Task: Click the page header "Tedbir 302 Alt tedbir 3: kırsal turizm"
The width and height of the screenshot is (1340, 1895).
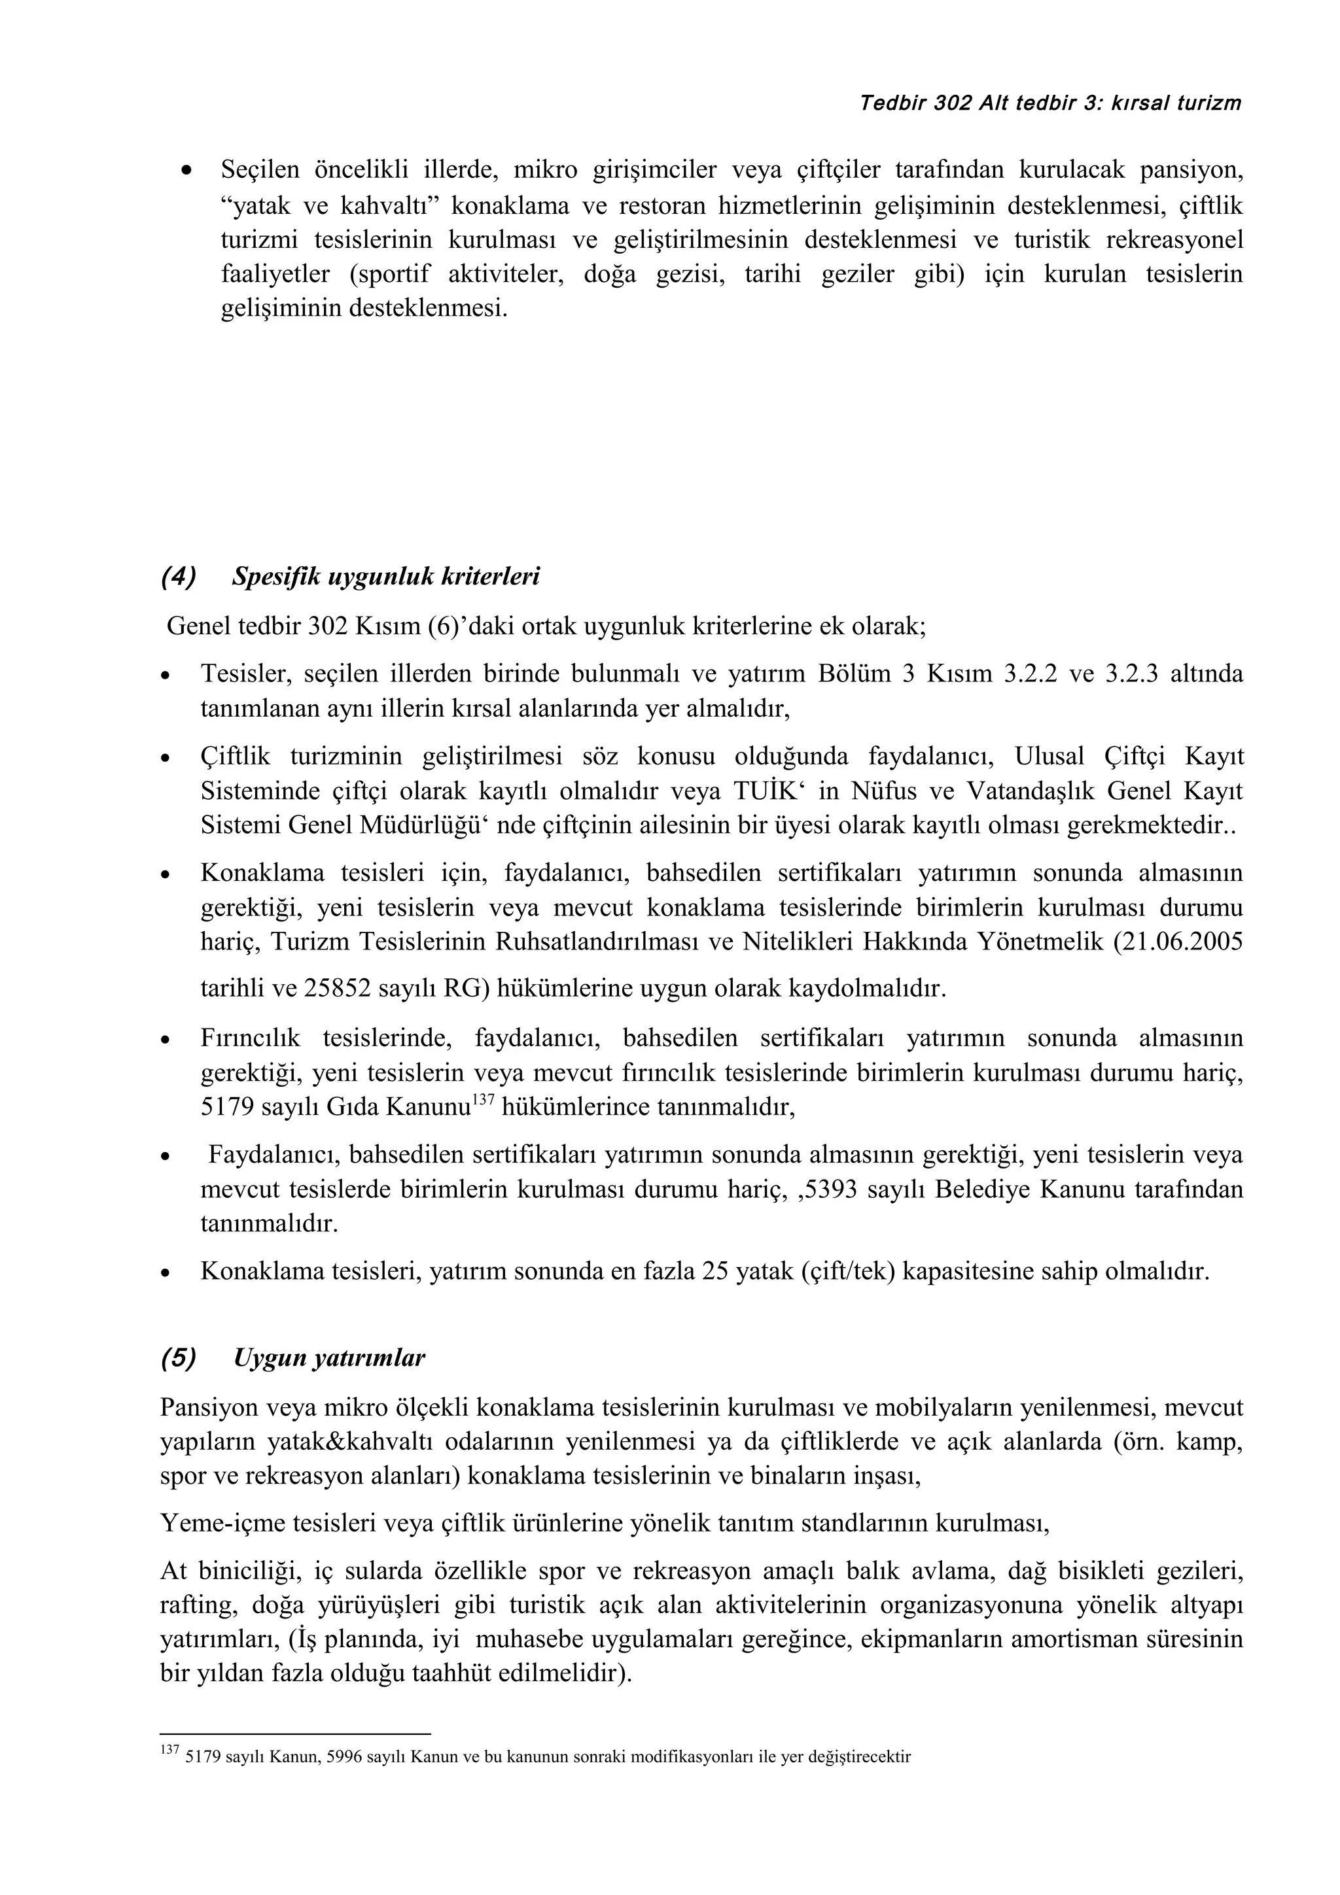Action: [1050, 104]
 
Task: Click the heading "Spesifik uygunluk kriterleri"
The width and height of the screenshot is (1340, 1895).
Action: [385, 577]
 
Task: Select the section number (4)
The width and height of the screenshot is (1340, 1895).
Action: [179, 577]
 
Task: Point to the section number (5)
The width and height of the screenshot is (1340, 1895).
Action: [179, 1359]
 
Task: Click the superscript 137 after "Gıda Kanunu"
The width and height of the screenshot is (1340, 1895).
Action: [482, 1099]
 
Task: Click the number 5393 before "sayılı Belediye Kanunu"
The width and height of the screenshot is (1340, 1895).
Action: [832, 1189]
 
